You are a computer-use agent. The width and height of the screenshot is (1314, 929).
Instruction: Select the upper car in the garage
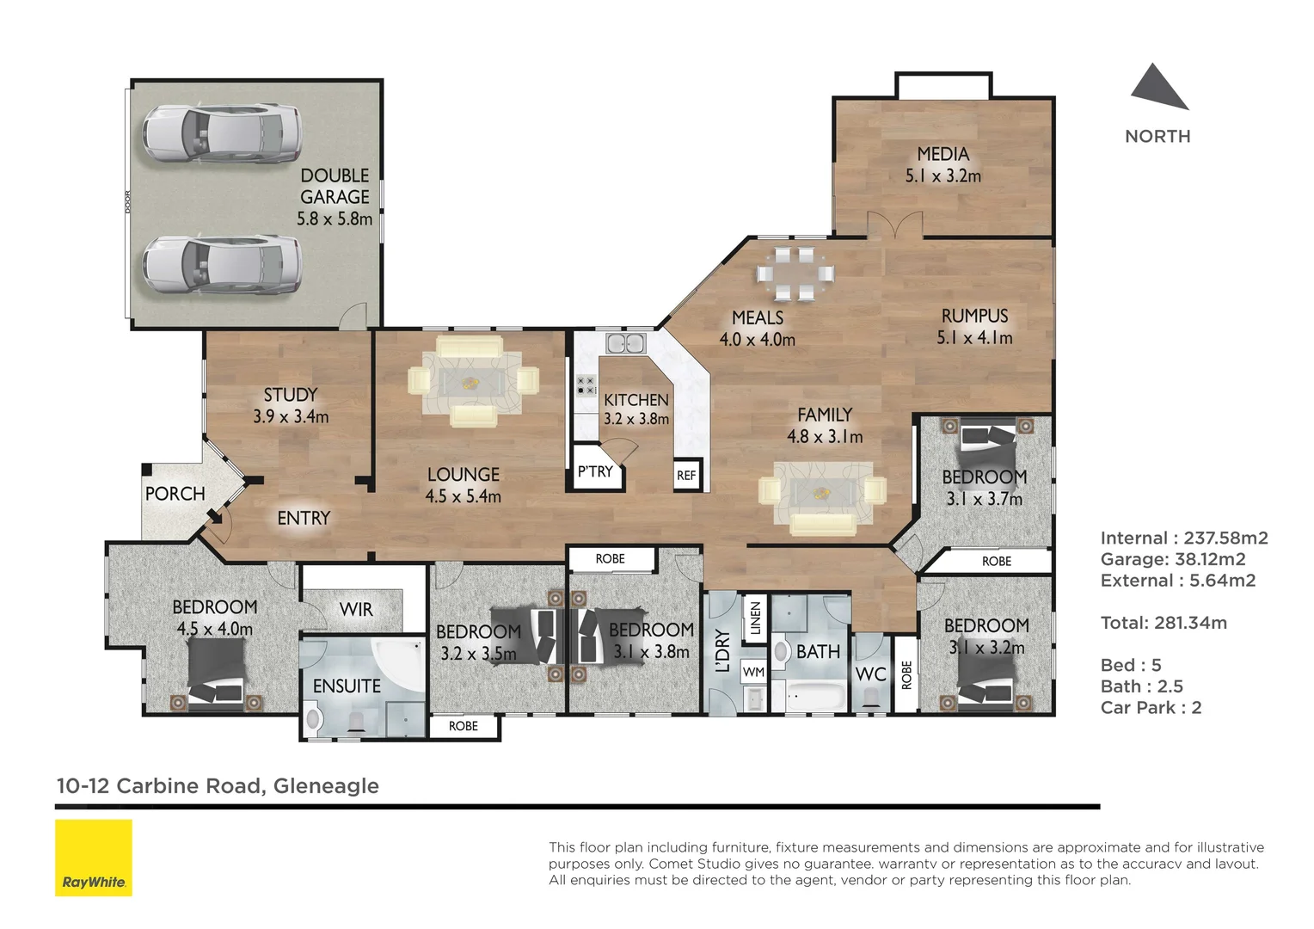222,133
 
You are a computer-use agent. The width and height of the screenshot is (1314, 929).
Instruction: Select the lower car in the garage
222,264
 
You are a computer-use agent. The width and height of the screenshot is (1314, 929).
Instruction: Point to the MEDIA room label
943,154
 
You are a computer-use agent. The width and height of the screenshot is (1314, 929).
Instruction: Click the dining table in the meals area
795,274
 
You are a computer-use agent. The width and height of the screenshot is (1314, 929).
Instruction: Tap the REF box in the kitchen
686,476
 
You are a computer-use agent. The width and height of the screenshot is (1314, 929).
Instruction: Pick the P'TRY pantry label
595,471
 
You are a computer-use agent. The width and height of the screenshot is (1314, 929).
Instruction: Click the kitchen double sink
626,344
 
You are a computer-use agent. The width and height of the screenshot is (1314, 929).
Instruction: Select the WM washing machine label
753,672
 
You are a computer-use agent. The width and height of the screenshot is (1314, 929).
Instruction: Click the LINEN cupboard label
755,618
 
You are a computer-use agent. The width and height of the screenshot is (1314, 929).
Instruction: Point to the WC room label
870,674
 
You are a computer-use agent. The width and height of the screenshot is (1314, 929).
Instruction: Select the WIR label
356,610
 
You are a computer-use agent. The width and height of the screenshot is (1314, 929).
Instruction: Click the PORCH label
175,494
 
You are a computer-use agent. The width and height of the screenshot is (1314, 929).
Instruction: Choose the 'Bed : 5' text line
1130,665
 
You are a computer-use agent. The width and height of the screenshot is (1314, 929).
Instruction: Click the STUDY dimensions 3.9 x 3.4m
291,417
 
